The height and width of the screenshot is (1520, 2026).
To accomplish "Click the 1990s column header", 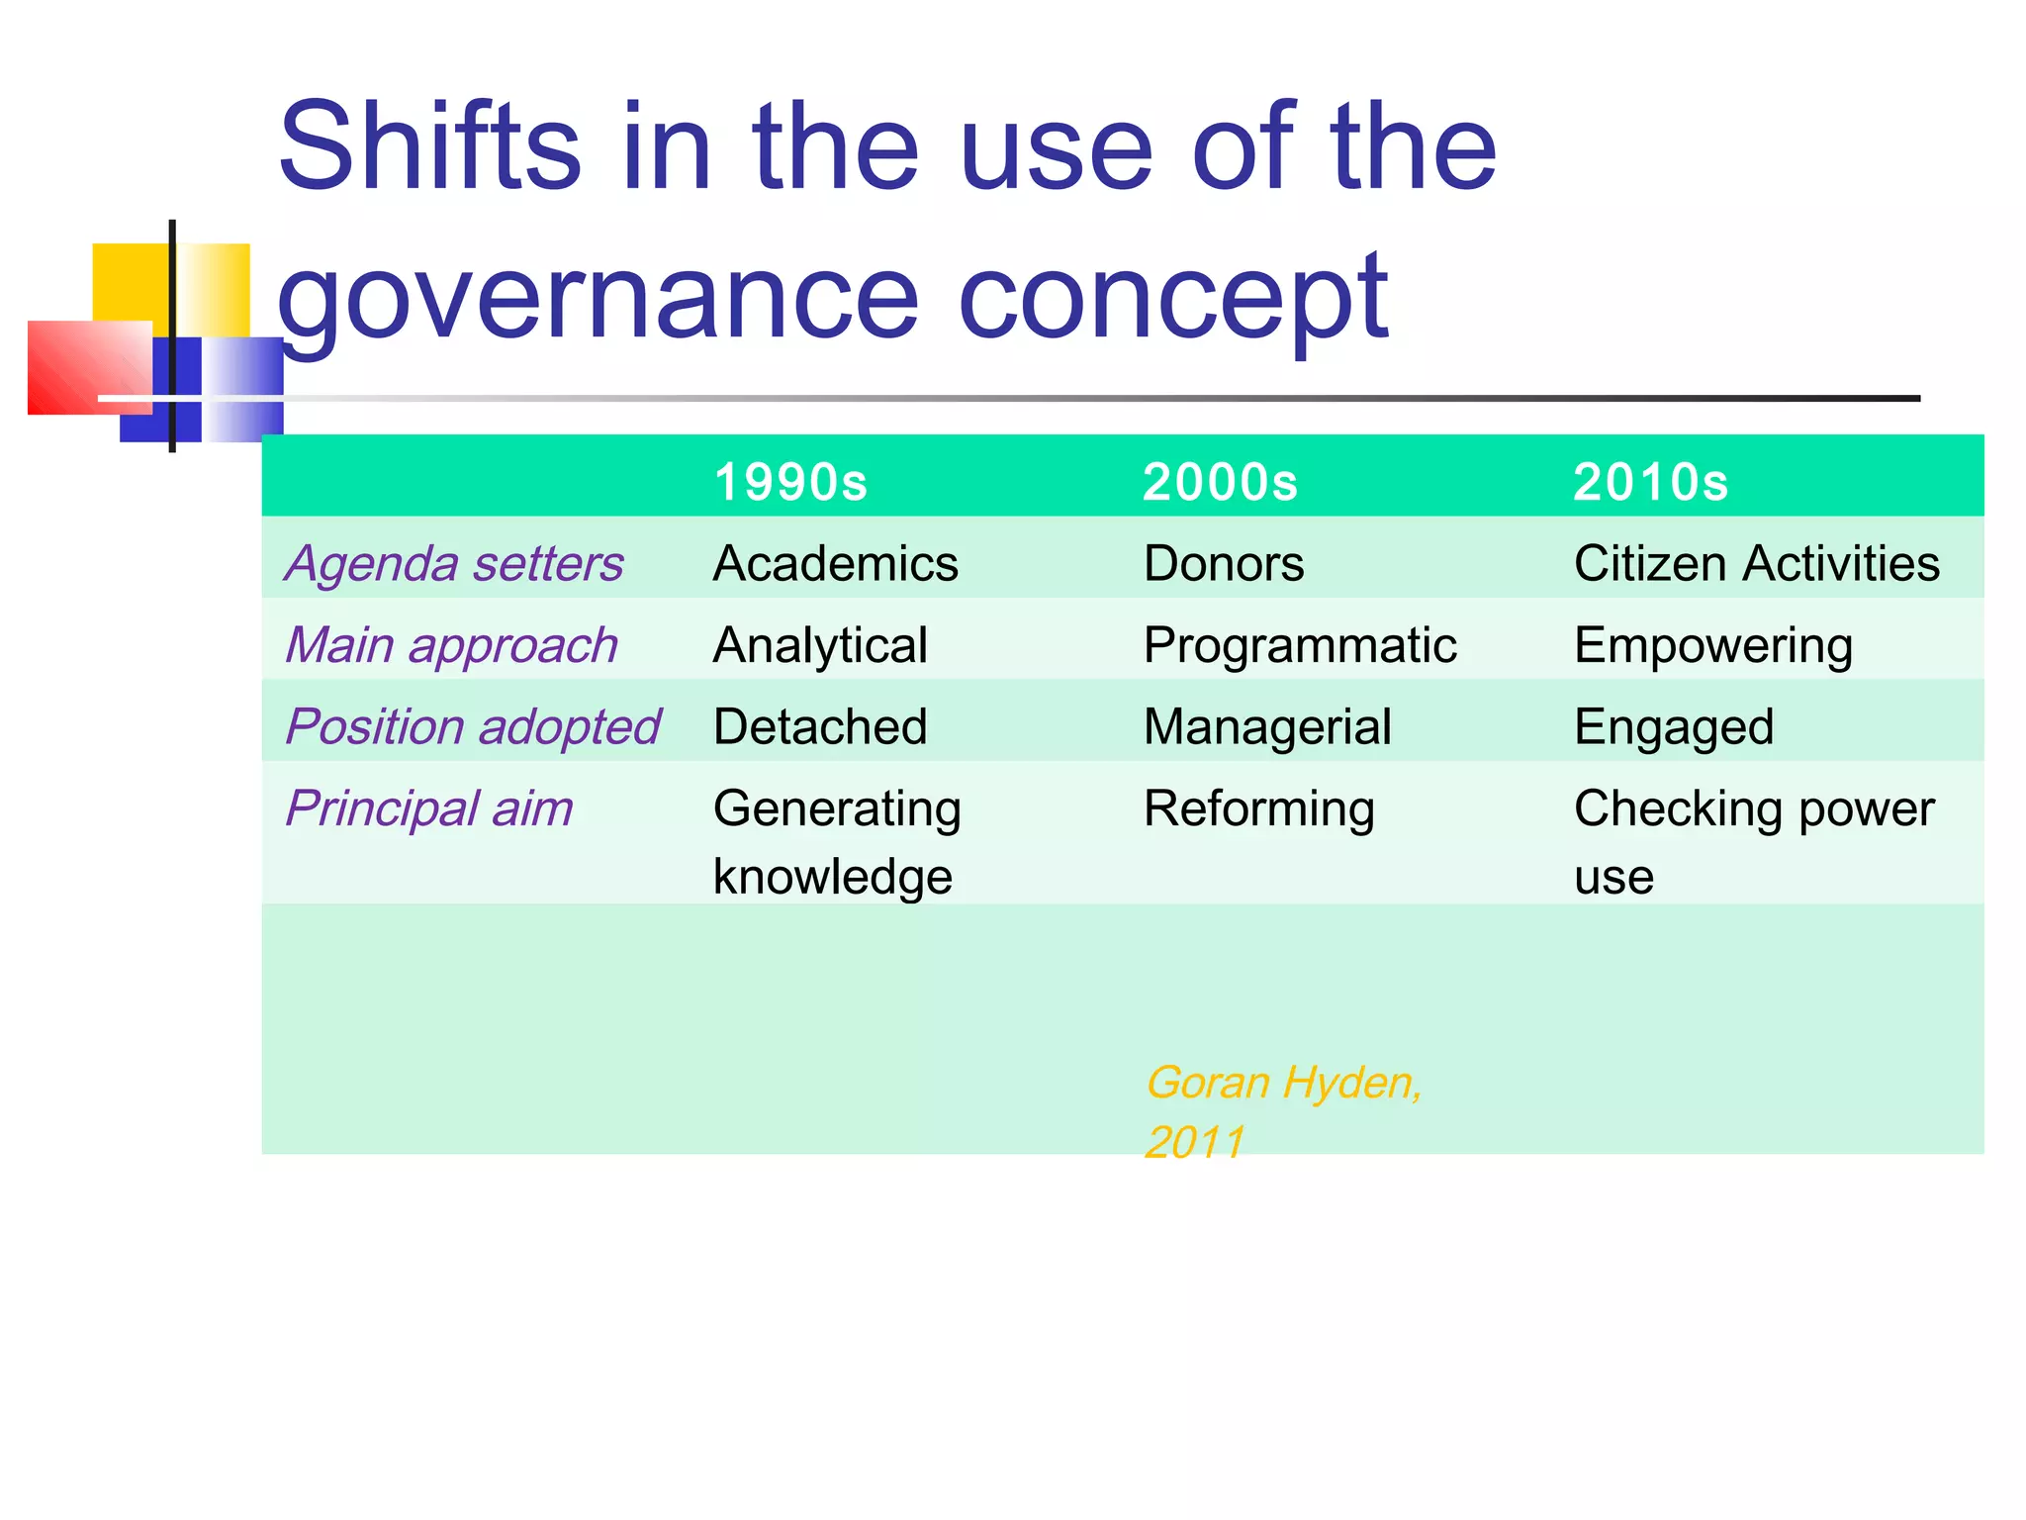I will (x=789, y=482).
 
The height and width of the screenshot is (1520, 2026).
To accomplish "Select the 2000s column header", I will (x=1219, y=482).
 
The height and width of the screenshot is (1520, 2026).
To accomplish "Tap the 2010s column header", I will (x=1650, y=482).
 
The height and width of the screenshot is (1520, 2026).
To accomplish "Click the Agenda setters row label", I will (x=454, y=564).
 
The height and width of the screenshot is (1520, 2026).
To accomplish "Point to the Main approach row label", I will (x=451, y=645).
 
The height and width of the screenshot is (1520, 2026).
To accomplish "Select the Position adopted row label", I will (x=472, y=726).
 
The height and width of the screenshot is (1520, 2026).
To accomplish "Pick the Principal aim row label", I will (x=428, y=808).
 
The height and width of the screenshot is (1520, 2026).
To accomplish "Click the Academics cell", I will (x=835, y=564).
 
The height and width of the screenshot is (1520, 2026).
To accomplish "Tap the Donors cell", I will (x=1224, y=564).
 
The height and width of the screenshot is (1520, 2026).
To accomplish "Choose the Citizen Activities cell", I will (x=1756, y=564).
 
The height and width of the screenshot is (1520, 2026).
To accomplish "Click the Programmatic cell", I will (x=1300, y=645).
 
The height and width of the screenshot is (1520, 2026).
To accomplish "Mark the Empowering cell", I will (x=1712, y=645).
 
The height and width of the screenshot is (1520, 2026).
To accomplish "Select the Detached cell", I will (x=820, y=726).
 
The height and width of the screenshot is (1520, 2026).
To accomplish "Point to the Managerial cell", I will (x=1267, y=726).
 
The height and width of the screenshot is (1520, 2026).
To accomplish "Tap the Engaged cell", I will (x=1674, y=726).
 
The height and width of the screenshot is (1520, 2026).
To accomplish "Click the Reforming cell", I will (x=1258, y=808).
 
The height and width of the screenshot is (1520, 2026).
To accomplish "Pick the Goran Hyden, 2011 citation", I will (x=1283, y=1111).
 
